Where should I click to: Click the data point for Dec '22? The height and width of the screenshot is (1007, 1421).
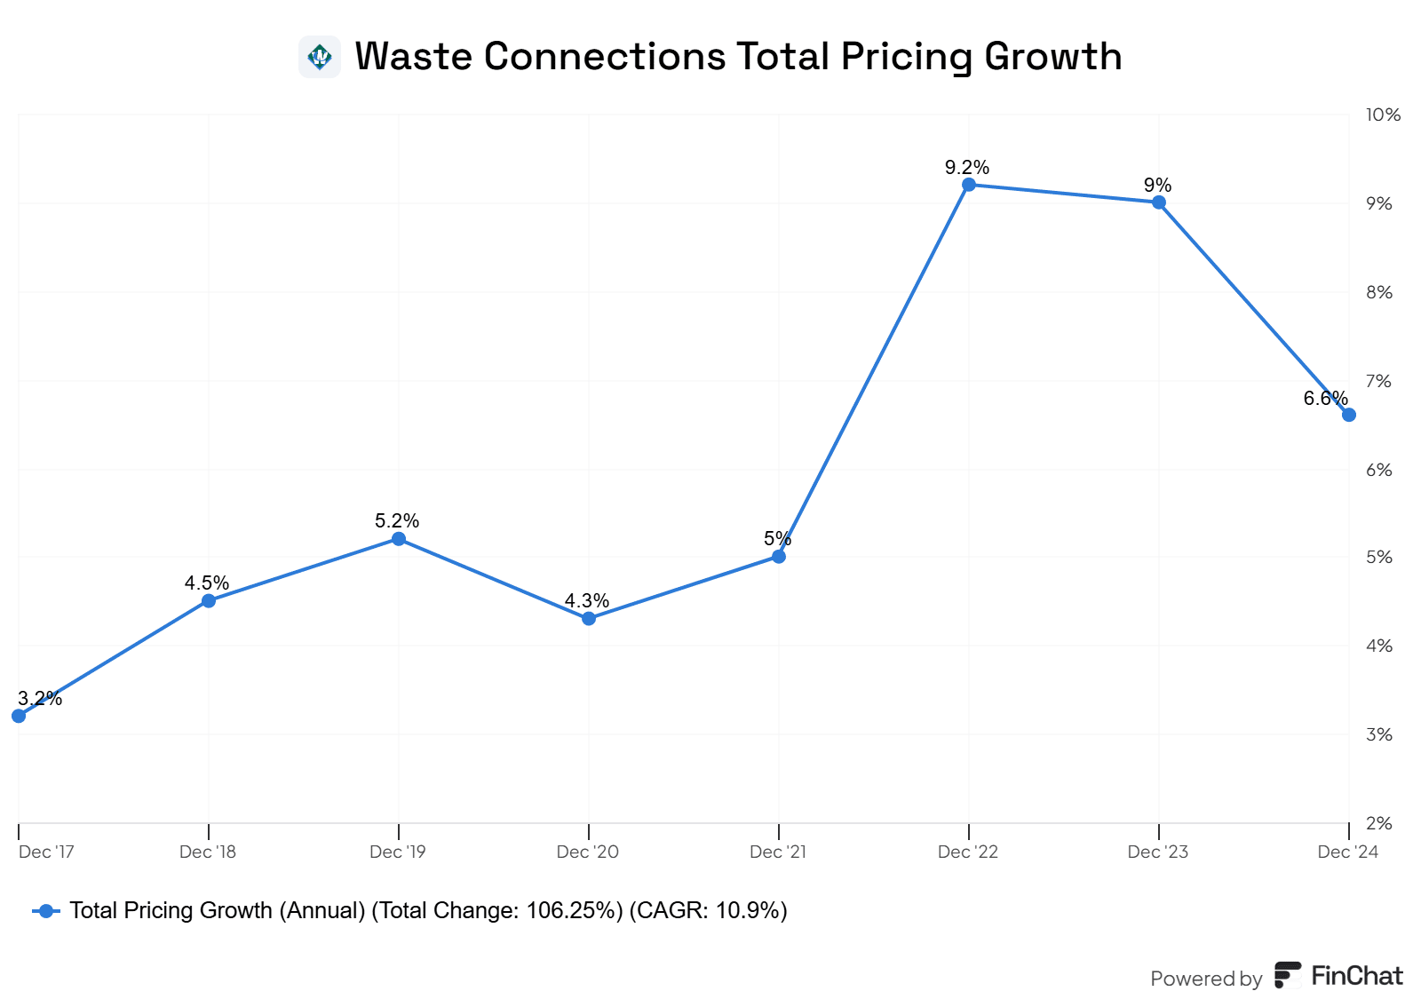(969, 185)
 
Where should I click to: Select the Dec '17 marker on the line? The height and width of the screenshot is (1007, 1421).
(19, 716)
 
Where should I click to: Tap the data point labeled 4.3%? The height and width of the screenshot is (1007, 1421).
(589, 618)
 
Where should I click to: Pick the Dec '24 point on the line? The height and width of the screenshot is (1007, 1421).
(1348, 415)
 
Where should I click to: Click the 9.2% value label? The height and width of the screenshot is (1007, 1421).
(967, 167)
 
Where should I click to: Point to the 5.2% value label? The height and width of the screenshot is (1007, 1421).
(397, 520)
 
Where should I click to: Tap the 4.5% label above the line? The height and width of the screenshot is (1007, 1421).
(207, 583)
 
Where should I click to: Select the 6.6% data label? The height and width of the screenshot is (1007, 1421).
(1325, 398)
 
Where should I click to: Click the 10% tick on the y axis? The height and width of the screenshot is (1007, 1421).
(1383, 115)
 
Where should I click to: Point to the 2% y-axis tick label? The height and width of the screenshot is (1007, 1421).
(1379, 823)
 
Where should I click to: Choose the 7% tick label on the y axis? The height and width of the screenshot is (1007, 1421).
(1379, 381)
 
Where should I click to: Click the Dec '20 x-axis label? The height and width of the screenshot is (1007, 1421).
(587, 852)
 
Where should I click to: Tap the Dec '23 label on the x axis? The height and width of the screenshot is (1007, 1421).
(1157, 852)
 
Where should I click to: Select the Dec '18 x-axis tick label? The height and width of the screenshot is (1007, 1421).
(208, 852)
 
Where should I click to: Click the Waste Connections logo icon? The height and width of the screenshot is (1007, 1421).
(320, 57)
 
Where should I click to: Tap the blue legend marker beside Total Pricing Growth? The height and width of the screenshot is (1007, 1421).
(46, 911)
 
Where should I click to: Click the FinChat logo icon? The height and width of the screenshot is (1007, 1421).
(1287, 975)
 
